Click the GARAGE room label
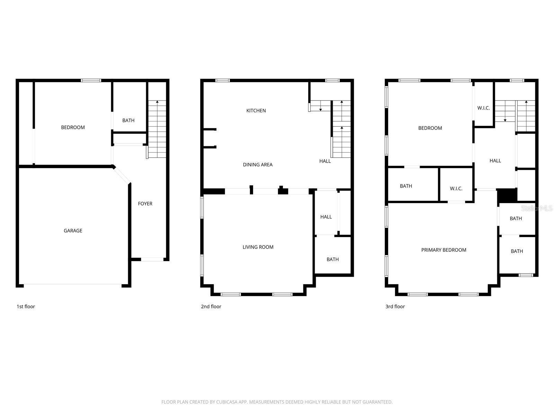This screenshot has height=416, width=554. [73, 231]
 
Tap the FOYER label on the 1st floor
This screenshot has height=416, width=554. [145, 203]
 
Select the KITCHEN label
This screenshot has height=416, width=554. [256, 111]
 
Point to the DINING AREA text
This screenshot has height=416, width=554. [258, 165]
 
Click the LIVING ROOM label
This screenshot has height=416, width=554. [258, 247]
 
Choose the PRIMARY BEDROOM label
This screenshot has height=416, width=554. [444, 250]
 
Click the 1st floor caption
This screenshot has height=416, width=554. [26, 306]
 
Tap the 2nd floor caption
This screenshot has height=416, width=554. [211, 306]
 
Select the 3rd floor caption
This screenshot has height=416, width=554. [395, 306]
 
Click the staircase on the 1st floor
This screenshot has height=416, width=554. [157, 129]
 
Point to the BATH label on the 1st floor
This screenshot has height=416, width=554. [128, 120]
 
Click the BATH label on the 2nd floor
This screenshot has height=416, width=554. [332, 259]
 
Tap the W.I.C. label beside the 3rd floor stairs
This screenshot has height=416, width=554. [483, 108]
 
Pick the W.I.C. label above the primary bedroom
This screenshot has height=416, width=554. [456, 189]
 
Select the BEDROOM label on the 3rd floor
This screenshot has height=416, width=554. [430, 128]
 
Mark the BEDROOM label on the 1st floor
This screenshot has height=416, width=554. [73, 127]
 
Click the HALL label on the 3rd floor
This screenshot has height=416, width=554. [495, 161]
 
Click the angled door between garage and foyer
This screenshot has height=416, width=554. [122, 175]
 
